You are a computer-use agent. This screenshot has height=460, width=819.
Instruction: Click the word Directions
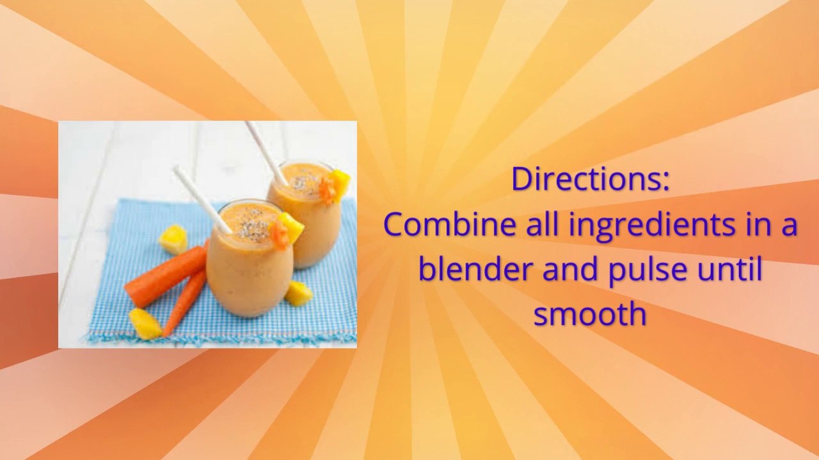click(x=589, y=180)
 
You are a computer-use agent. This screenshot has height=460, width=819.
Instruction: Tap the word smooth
click(x=589, y=314)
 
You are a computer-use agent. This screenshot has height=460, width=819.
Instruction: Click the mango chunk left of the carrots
click(x=173, y=239)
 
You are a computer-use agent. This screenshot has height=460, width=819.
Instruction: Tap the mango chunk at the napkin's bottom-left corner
click(x=145, y=323)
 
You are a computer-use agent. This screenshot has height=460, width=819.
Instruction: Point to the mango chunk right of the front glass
click(x=298, y=293)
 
